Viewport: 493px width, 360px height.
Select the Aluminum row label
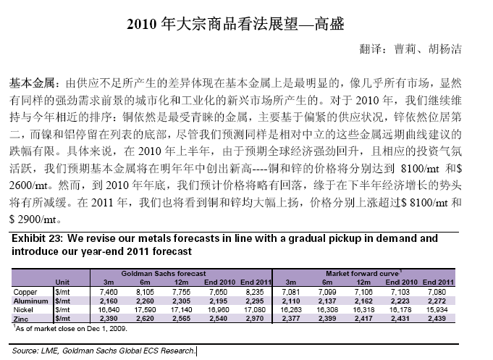coord(30,298)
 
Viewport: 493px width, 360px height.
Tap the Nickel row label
coord(25,307)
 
